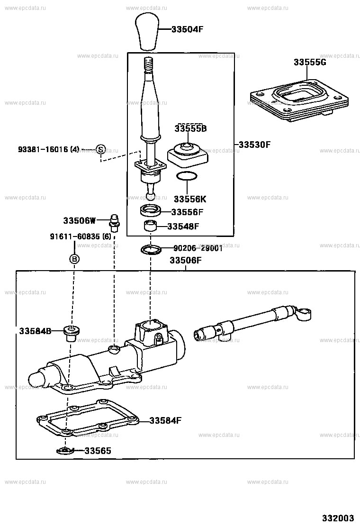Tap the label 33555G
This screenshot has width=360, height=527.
pos(310,62)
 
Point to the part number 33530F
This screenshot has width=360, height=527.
pos(254,145)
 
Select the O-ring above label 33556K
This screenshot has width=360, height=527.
pos(187,177)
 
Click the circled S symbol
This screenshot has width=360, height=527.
pos(100,149)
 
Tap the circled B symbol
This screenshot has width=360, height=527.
pos(74,259)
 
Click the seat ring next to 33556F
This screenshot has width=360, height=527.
pos(150,210)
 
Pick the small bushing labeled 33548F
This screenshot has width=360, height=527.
pos(150,225)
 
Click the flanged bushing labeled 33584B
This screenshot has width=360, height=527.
pos(71,333)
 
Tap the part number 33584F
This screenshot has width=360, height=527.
pos(166,420)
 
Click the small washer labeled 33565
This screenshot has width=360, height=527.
pos(64,450)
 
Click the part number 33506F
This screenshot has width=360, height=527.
pos(186,260)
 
